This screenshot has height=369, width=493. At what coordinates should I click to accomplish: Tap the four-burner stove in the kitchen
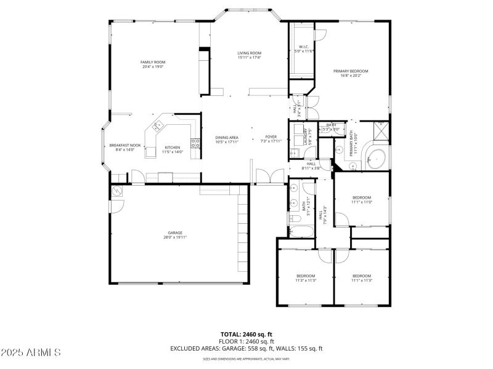[196, 144]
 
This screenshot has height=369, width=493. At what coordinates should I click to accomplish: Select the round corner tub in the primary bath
[375, 157]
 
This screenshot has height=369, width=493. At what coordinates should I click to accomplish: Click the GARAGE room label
[174, 234]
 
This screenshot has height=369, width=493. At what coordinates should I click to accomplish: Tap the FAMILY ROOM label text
[153, 64]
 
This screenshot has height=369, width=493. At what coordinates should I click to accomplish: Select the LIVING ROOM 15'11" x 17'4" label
[249, 55]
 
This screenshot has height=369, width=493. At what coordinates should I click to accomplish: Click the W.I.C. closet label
[304, 49]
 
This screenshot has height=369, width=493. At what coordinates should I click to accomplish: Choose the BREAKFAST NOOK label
[125, 147]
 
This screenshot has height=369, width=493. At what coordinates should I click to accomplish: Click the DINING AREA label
[227, 139]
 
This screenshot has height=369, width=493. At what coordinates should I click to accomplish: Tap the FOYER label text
[271, 138]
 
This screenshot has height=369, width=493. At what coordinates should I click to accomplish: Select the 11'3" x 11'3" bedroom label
[306, 277]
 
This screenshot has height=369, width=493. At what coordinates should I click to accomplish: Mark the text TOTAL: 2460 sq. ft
[246, 334]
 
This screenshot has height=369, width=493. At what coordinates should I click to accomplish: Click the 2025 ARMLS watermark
[31, 352]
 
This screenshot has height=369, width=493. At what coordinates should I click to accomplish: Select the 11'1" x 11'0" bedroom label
[362, 199]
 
